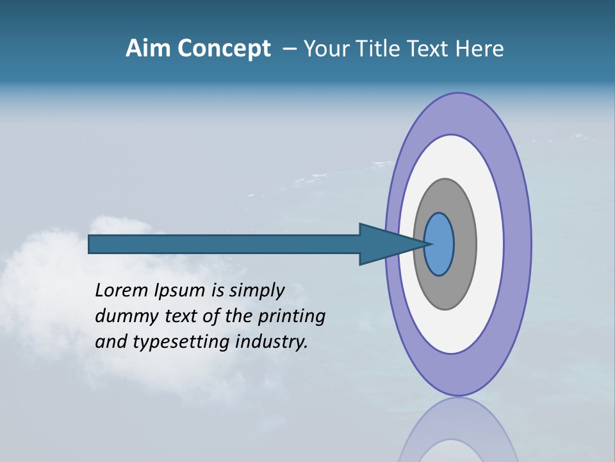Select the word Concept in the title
click(x=223, y=49)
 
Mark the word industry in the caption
click(x=272, y=343)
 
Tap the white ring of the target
click(x=489, y=244)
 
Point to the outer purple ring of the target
click(x=518, y=244)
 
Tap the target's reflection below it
click(x=459, y=433)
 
